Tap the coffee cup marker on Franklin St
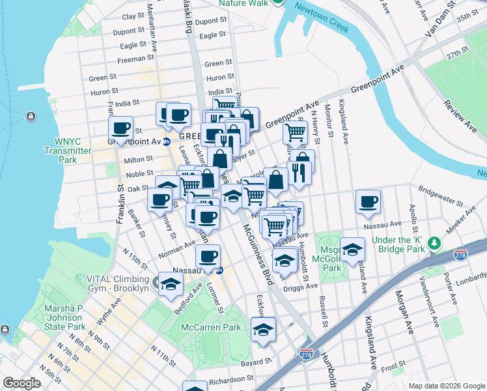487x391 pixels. tap(120, 128)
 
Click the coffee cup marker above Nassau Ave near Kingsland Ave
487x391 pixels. tap(369, 201)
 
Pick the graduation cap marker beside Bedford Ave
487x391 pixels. tap(171, 284)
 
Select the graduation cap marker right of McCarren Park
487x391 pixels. tap(263, 329)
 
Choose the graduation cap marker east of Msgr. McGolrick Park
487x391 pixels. tap(352, 248)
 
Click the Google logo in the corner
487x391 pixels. tap(22, 383)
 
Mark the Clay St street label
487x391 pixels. tap(132, 16)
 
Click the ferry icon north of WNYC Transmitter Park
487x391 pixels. tap(31, 117)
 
